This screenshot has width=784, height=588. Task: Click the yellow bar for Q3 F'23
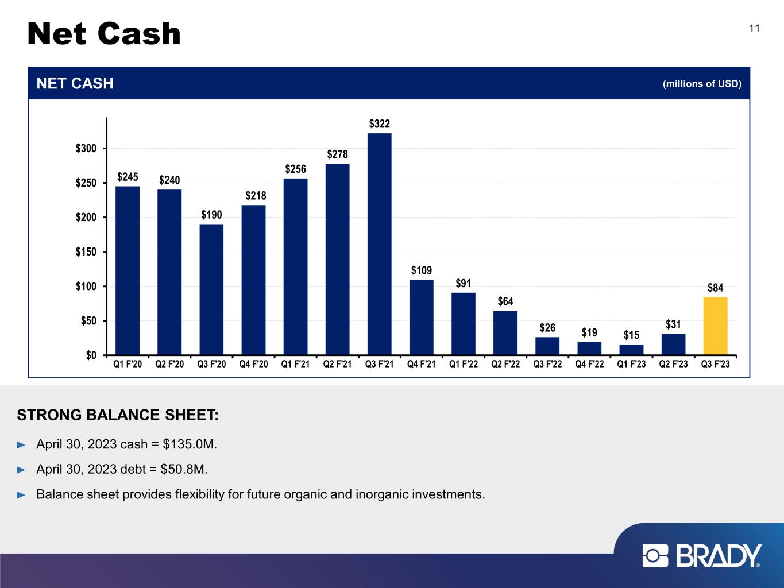[x=715, y=326]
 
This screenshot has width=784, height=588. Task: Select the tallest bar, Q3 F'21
[x=379, y=244]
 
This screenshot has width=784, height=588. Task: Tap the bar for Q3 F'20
[x=211, y=289]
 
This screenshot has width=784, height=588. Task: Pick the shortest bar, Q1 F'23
[x=631, y=350]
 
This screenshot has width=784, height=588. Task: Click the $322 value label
[x=379, y=124]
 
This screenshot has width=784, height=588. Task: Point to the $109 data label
[x=422, y=270]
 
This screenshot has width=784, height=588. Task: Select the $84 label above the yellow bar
[x=716, y=287]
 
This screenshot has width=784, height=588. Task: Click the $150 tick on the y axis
[x=86, y=252]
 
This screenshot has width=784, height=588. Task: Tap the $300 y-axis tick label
[x=86, y=148]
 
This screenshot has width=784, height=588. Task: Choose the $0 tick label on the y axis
[x=91, y=355]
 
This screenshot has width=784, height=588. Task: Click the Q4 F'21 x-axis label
[x=422, y=364]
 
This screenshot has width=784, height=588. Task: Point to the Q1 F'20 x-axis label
[x=128, y=364]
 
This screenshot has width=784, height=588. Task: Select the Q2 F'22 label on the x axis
[x=505, y=364]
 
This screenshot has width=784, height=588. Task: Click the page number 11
[x=754, y=29]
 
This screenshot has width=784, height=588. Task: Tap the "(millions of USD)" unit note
[x=702, y=83]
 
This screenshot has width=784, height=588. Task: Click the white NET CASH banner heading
[x=75, y=83]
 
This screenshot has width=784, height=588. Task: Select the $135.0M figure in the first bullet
[x=190, y=444]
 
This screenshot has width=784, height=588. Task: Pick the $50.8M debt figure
[x=184, y=469]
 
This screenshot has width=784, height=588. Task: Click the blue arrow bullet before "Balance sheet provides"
[x=21, y=495]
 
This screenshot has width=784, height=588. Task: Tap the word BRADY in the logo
[x=719, y=555]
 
